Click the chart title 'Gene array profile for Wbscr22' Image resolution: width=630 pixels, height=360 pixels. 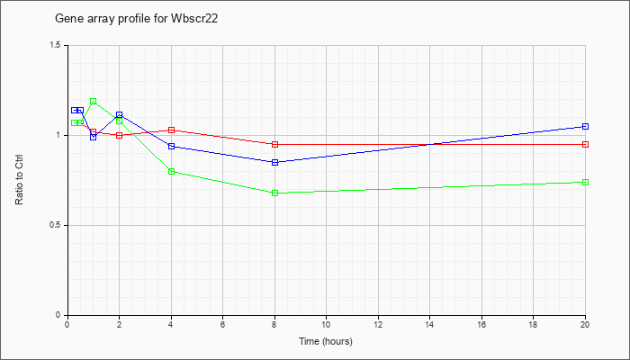click(x=136, y=19)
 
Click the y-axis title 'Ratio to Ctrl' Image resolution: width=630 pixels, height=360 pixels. click(x=19, y=179)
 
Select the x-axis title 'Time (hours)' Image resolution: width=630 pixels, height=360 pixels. click(x=326, y=341)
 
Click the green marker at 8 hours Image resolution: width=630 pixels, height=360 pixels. click(x=274, y=193)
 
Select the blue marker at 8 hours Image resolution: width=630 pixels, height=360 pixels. click(x=274, y=162)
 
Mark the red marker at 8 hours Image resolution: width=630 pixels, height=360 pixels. click(x=274, y=144)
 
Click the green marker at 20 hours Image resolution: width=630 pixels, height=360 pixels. click(x=585, y=183)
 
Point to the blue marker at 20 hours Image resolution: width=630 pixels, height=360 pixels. click(x=585, y=126)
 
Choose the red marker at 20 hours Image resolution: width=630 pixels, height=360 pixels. click(x=585, y=144)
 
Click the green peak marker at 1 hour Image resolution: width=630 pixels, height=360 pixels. click(x=94, y=101)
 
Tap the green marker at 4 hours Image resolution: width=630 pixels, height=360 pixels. click(x=171, y=172)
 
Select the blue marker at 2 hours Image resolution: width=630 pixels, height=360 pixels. click(x=120, y=115)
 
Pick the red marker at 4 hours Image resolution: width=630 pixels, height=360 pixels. click(x=171, y=130)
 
